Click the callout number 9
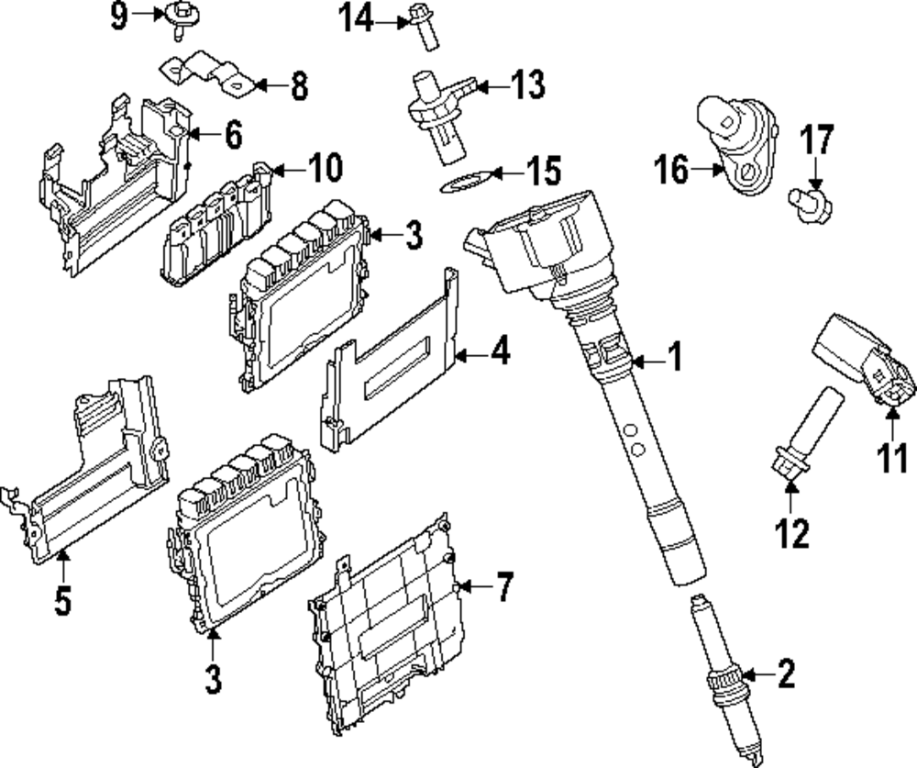(x=118, y=17)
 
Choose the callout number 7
(x=504, y=587)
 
